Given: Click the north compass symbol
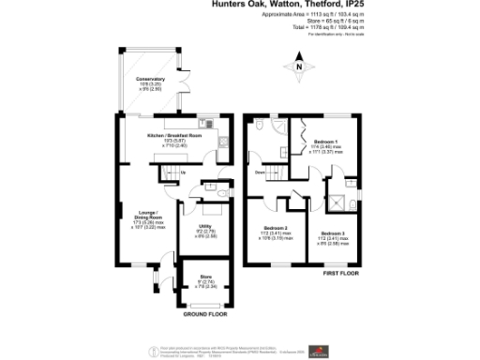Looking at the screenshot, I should click(297, 67).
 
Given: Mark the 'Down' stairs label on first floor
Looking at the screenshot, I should click(259, 172).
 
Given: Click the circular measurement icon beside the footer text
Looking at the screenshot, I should click(151, 350).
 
